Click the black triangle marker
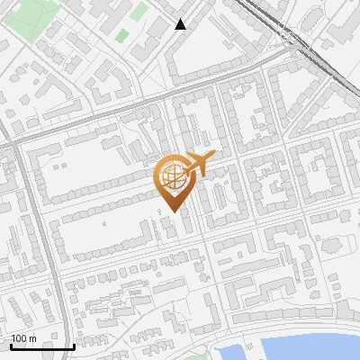(181, 24)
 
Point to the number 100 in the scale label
(19, 337)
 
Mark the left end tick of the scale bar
(12, 346)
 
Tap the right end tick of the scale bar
(74, 346)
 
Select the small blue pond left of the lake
(227, 352)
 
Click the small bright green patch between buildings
(121, 36)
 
